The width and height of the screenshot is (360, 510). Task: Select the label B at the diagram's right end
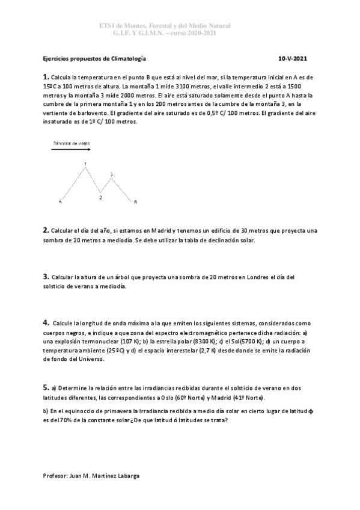click(135, 202)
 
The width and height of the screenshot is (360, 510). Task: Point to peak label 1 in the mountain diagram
click(85, 164)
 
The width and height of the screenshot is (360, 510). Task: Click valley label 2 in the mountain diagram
click(100, 197)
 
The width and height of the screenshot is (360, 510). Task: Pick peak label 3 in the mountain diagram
click(111, 174)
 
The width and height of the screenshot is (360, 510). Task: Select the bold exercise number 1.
click(46, 77)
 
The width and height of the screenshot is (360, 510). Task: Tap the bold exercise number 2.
click(46, 230)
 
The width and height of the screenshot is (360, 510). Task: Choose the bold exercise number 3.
click(46, 276)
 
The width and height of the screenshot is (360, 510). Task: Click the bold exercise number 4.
click(46, 322)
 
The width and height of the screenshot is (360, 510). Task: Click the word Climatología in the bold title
click(125, 59)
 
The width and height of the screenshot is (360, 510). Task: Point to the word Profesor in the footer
click(56, 475)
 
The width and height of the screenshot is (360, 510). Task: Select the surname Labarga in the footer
click(127, 475)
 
